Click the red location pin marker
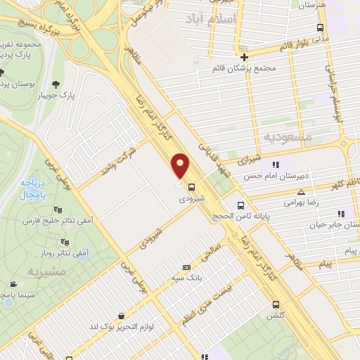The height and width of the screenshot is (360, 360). click(x=181, y=166)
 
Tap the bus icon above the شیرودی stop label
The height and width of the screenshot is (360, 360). click(x=191, y=186)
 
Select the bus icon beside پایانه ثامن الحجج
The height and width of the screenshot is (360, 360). click(x=241, y=206)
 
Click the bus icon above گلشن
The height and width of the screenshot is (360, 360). click(x=276, y=304)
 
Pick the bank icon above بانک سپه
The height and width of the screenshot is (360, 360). click(x=186, y=267)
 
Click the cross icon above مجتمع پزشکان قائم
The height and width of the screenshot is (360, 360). click(x=244, y=57)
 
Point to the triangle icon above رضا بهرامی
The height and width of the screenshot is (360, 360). click(x=301, y=191)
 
